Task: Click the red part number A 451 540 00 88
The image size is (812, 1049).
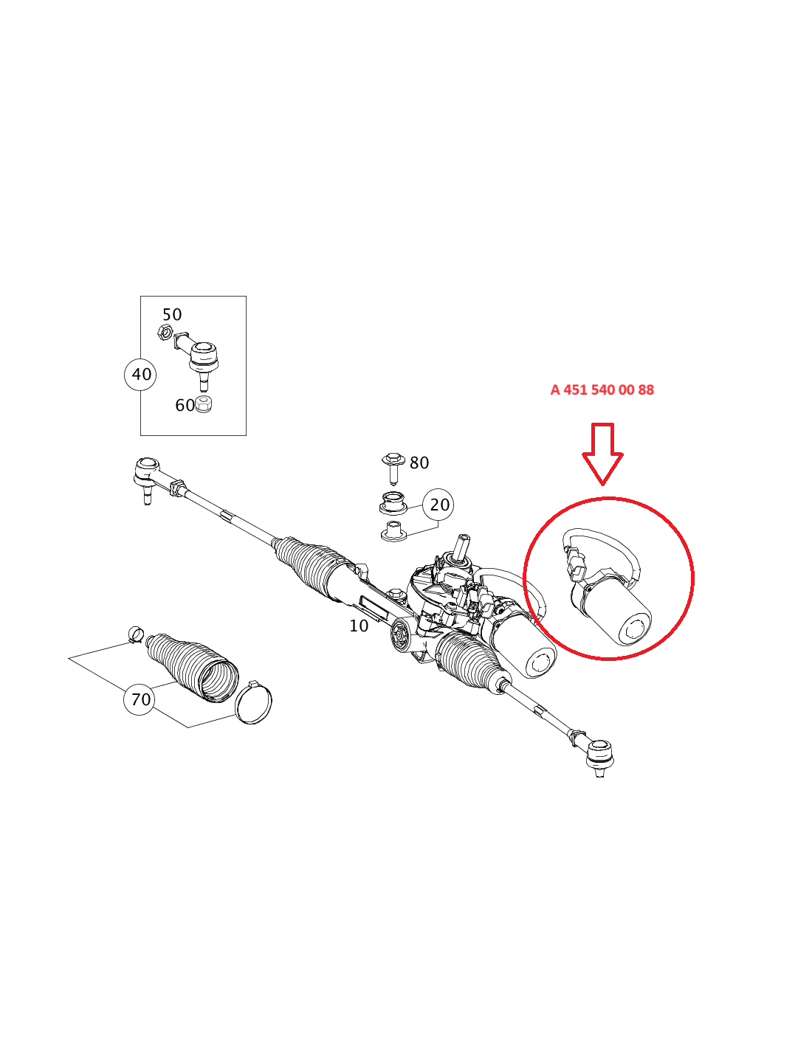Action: pos(602,390)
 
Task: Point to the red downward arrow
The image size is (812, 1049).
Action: pos(602,454)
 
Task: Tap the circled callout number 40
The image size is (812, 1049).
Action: pos(140,374)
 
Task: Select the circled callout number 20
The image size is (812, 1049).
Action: pos(438,505)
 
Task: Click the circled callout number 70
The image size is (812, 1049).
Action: pos(140,699)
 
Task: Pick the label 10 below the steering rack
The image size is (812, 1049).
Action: pos(359,626)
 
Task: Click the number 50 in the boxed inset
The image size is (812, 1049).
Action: pos(172,315)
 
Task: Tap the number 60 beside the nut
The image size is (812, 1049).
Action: pos(185,406)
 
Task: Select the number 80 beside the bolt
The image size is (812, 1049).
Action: pos(419,463)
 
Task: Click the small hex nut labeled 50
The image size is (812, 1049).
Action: pos(165,332)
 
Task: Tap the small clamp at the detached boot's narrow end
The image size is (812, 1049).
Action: pos(136,634)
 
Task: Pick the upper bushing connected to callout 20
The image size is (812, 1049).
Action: pos(393,503)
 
